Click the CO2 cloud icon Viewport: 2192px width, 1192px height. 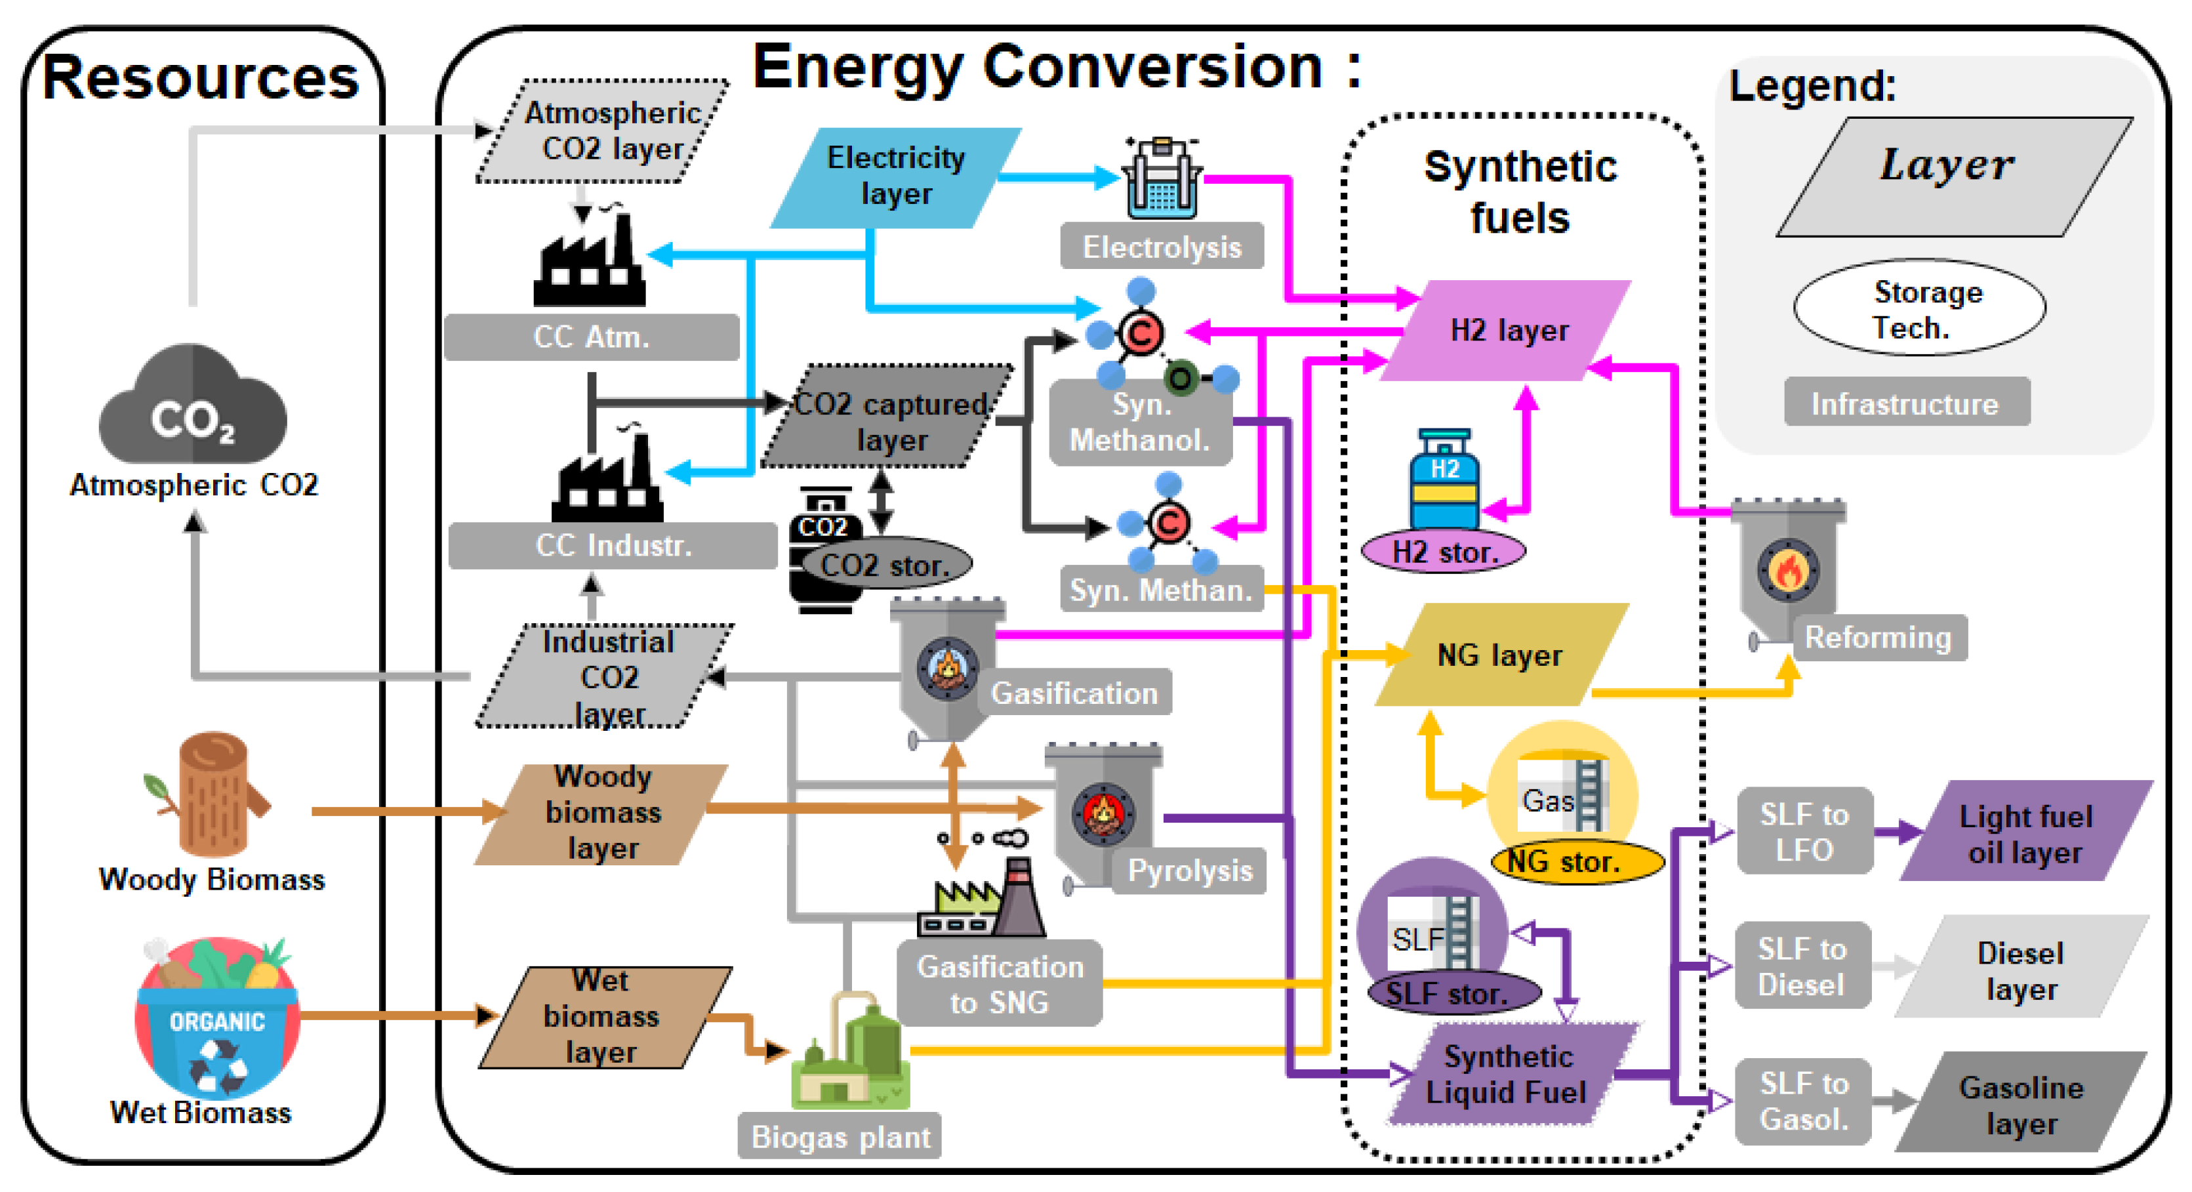pos(193,406)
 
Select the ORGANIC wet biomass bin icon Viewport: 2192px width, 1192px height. pos(217,1017)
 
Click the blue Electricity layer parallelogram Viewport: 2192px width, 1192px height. pos(895,177)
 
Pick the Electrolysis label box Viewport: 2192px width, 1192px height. pos(1162,247)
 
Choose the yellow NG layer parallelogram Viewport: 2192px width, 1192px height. pos(1499,655)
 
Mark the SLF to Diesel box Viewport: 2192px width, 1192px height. pos(1802,966)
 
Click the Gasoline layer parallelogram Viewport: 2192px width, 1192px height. pos(2020,1103)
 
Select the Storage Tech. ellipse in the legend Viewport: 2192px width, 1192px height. pos(1919,308)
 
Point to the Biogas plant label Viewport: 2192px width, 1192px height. pos(839,1136)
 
